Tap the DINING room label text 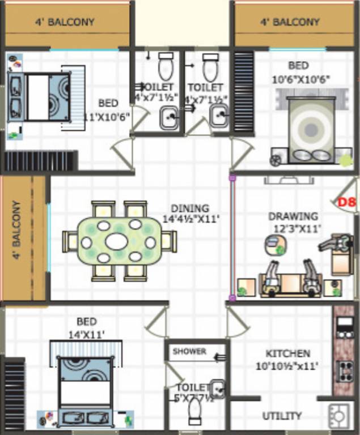pyautogui.click(x=190, y=208)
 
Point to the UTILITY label pyautogui.click(x=282, y=416)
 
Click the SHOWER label pyautogui.click(x=189, y=351)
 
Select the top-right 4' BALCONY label pyautogui.click(x=290, y=23)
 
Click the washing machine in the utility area pyautogui.click(x=340, y=416)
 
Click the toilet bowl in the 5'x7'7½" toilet pyautogui.click(x=194, y=416)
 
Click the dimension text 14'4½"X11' pyautogui.click(x=191, y=218)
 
